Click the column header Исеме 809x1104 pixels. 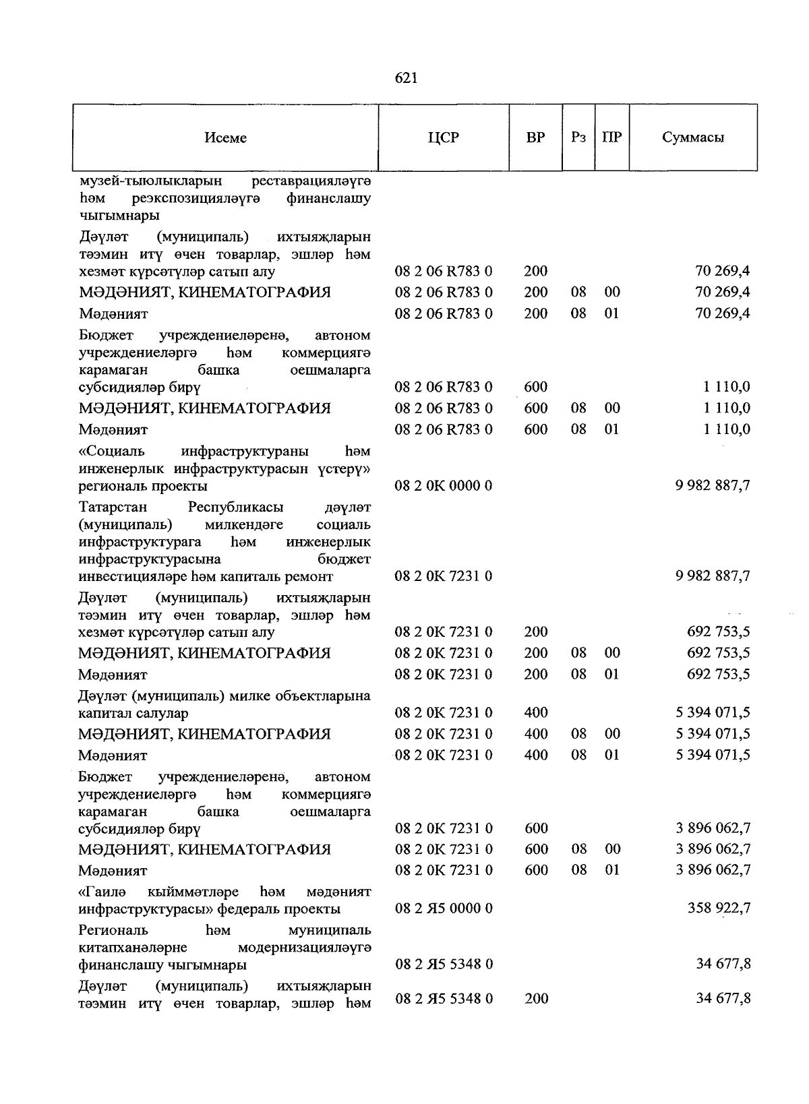click(x=226, y=138)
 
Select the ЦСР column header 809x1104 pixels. click(x=443, y=138)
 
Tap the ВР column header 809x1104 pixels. click(x=535, y=138)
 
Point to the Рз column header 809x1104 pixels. click(x=578, y=138)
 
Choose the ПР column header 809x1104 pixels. click(x=611, y=138)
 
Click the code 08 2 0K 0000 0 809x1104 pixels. click(x=444, y=486)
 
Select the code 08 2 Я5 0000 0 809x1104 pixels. click(x=444, y=909)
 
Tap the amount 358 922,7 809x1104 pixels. click(x=719, y=909)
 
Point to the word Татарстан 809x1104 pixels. click(x=113, y=507)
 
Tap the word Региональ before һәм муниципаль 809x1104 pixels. click(x=113, y=931)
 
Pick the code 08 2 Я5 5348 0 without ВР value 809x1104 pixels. click(x=444, y=964)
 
